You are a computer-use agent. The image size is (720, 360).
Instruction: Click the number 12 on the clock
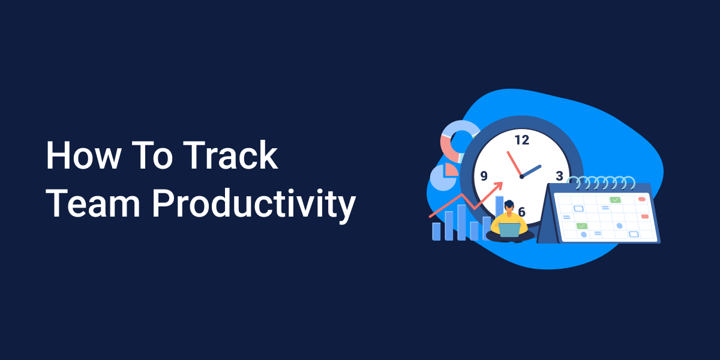521,140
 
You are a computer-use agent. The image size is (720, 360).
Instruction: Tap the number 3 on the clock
559,176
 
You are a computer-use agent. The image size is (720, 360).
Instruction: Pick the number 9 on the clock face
484,176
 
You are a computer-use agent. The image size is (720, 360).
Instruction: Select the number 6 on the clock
521,212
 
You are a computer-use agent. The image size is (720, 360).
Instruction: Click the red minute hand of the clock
514,163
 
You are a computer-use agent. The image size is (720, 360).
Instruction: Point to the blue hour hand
532,171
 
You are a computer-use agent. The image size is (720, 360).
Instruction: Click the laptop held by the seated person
509,230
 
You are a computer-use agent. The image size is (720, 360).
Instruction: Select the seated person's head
509,206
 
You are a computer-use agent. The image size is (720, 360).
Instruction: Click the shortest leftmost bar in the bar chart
436,232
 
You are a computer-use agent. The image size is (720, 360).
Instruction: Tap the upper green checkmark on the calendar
615,200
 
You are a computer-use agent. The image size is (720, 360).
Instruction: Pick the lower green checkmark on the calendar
581,226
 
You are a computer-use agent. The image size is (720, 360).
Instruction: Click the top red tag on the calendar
641,199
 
